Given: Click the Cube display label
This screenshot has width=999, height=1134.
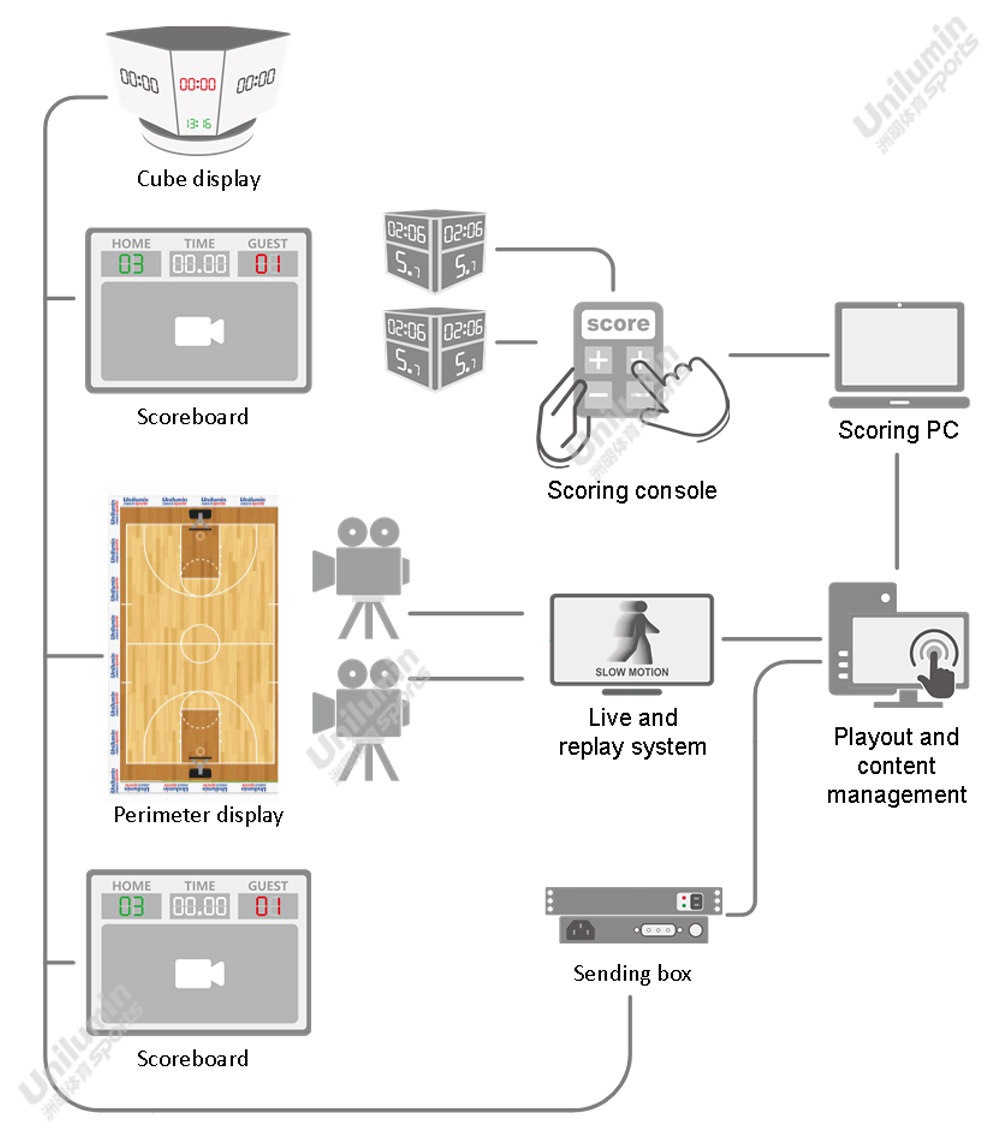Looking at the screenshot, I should pyautogui.click(x=199, y=179).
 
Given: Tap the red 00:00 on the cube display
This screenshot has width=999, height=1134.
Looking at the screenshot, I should pyautogui.click(x=197, y=86).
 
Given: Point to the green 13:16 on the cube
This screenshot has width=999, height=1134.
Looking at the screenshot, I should pyautogui.click(x=197, y=124).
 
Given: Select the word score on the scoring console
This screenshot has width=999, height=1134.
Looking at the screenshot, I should pyautogui.click(x=618, y=324).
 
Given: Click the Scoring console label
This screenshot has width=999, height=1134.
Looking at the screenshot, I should pyautogui.click(x=632, y=491).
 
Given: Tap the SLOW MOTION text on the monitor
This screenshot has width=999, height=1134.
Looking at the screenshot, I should pyautogui.click(x=632, y=672).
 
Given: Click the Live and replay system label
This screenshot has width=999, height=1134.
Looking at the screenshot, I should pyautogui.click(x=632, y=732).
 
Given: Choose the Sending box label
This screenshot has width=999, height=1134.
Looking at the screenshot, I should pyautogui.click(x=632, y=973).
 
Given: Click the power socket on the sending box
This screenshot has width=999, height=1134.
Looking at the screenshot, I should pyautogui.click(x=581, y=930).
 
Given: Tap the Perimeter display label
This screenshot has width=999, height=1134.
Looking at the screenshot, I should pyautogui.click(x=198, y=815).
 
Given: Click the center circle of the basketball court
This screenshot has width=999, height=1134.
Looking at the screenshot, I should pyautogui.click(x=200, y=643).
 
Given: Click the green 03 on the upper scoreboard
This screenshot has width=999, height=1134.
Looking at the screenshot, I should pyautogui.click(x=132, y=264).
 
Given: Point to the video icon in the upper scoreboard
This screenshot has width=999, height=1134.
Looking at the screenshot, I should pyautogui.click(x=199, y=332).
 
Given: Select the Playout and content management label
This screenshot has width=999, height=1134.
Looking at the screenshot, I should pyautogui.click(x=896, y=766).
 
